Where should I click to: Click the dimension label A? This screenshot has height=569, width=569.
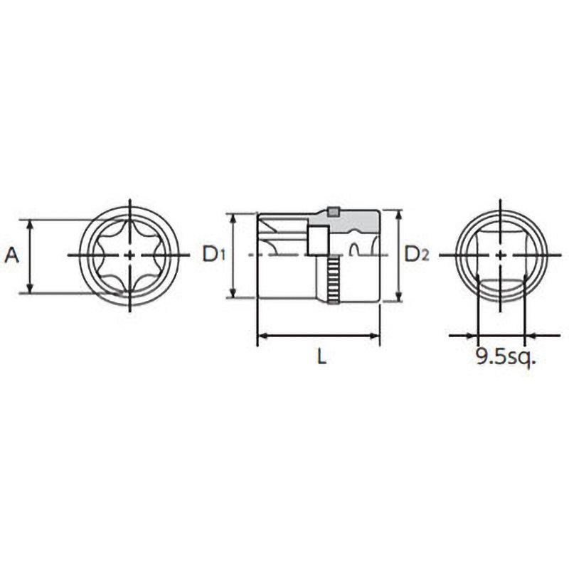pyautogui.click(x=11, y=255)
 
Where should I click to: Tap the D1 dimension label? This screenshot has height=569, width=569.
pyautogui.click(x=213, y=254)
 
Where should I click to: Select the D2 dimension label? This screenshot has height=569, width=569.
pyautogui.click(x=417, y=254)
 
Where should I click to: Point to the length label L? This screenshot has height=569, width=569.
pyautogui.click(x=322, y=356)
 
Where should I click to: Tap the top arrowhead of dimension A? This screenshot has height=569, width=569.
pyautogui.click(x=31, y=225)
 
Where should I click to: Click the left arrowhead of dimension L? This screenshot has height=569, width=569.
pyautogui.click(x=262, y=336)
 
